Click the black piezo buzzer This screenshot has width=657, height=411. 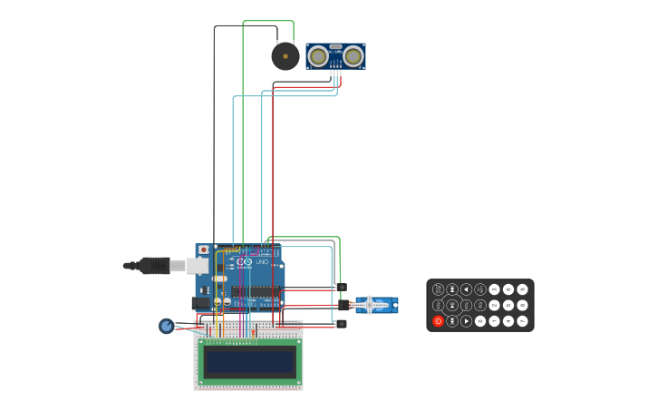pos(285,56)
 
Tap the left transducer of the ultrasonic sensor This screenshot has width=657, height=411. pos(318,56)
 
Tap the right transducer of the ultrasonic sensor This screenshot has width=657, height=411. pos(353,56)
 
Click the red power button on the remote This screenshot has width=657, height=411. pos(439,320)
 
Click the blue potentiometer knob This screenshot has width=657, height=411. pos(167,326)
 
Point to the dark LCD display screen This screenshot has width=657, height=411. pos(249,362)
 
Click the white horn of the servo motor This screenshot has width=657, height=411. pos(370,306)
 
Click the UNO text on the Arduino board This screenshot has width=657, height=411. pos(261,262)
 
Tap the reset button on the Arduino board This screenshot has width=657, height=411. pos(203,250)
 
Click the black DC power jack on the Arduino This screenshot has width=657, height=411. pos(200,302)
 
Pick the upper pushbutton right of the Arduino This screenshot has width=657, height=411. pos(341,288)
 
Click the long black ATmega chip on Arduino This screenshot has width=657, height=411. pos(256,292)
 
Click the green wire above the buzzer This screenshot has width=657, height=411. pos(268,21)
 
